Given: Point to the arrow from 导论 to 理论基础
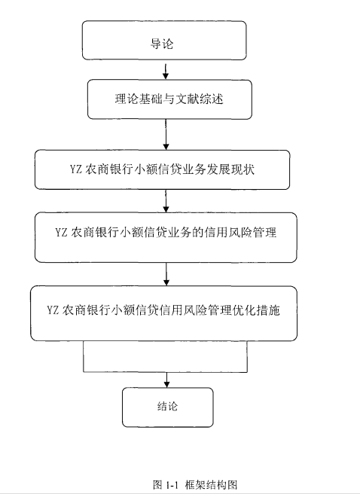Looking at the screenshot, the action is tap(166, 72).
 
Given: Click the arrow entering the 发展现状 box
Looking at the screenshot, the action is tap(166, 135).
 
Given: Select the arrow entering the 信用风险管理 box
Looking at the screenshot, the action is tap(166, 201).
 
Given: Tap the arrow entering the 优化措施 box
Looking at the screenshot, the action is tap(166, 274).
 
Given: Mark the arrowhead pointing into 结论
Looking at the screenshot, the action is tap(167, 384).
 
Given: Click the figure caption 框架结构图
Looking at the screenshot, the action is tap(211, 484).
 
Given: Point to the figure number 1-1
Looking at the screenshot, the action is tap(172, 485).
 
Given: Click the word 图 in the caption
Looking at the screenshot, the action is tap(157, 484).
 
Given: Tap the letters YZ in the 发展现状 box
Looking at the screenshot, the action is tap(76, 169).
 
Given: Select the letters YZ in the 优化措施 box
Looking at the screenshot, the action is tap(53, 310).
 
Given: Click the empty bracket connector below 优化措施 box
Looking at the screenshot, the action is tap(166, 372).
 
